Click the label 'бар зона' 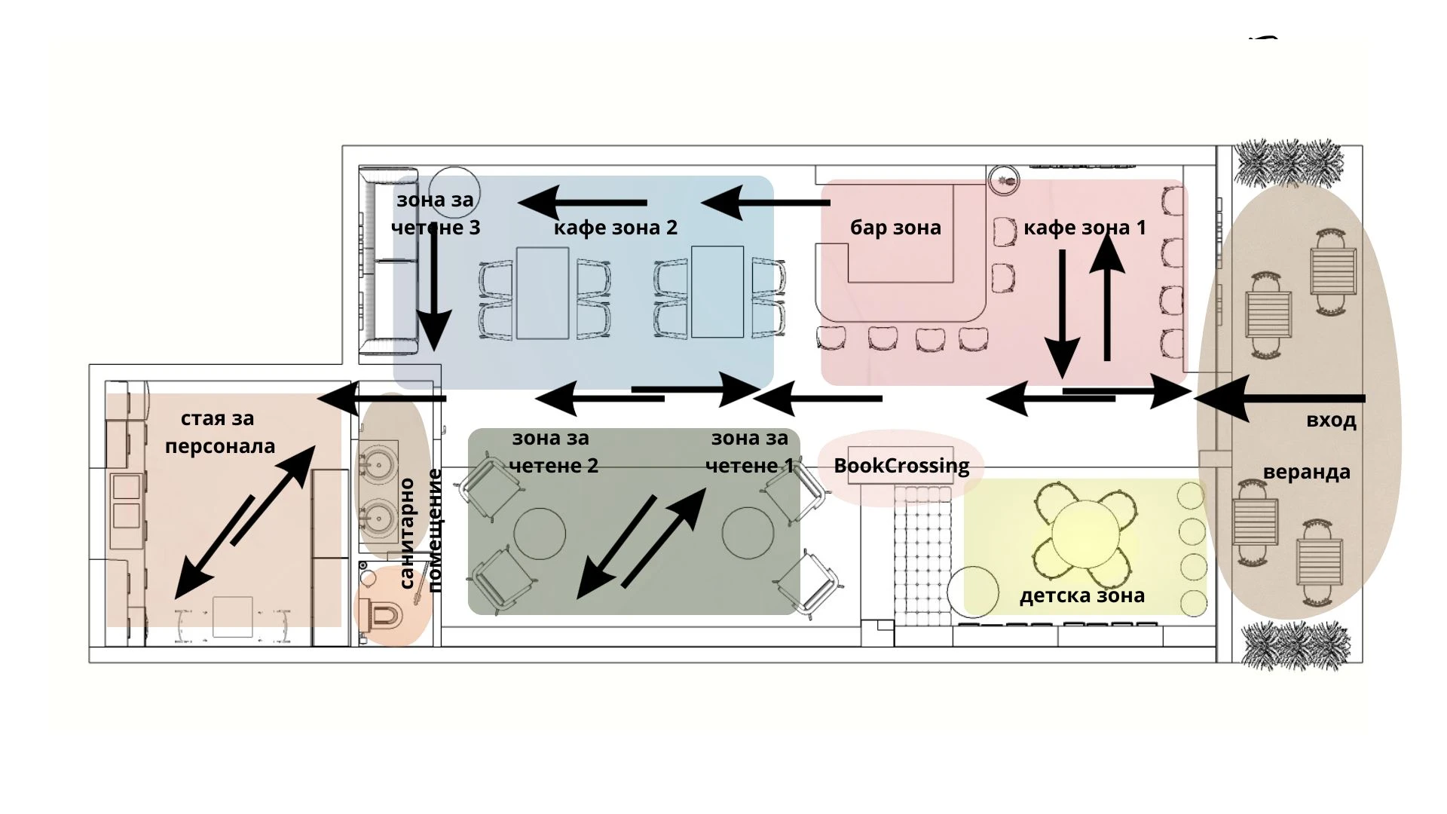pyautogui.click(x=895, y=227)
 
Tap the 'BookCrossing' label pyautogui.click(x=901, y=466)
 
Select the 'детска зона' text pyautogui.click(x=1081, y=595)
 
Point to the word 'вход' pyautogui.click(x=1331, y=421)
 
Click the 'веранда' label pyautogui.click(x=1306, y=473)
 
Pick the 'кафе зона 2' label pyautogui.click(x=615, y=227)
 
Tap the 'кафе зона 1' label pyautogui.click(x=1084, y=227)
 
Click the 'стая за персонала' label pyautogui.click(x=219, y=432)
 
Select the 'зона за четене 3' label pyautogui.click(x=436, y=213)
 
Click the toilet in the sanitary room pyautogui.click(x=384, y=615)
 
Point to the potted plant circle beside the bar pyautogui.click(x=1003, y=180)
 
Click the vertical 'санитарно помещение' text pyautogui.click(x=421, y=531)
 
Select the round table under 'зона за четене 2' pyautogui.click(x=540, y=533)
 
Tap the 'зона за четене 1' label pyautogui.click(x=749, y=451)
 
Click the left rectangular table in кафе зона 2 pyautogui.click(x=543, y=293)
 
